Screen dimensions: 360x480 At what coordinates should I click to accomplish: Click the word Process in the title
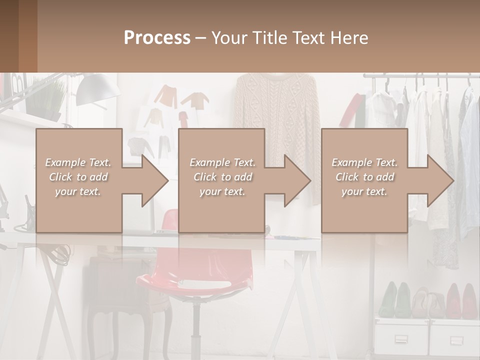pos(157,38)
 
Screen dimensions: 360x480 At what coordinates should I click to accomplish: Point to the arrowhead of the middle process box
pos(297,180)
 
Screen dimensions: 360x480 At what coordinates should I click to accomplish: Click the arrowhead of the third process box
pos(440,180)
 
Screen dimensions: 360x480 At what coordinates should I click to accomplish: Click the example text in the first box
pos(78,177)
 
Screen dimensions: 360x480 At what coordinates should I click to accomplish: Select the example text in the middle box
pos(222,177)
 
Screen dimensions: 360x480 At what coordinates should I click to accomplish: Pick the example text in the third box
pos(364,177)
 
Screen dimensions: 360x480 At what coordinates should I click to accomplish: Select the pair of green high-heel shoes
pos(395,300)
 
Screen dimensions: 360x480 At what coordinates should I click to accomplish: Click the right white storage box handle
pos(456,340)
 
